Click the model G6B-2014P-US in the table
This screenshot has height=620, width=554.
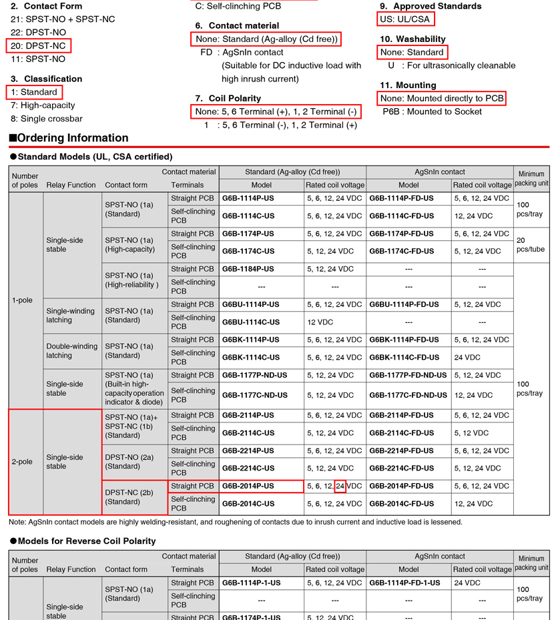click(248, 486)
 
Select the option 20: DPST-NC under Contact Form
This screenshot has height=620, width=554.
click(39, 45)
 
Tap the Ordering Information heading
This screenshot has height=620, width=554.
click(73, 138)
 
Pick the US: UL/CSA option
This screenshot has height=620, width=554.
click(404, 19)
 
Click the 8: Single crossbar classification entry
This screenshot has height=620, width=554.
click(47, 119)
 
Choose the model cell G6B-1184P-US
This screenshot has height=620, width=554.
click(248, 269)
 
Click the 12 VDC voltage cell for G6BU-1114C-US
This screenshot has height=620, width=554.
click(320, 322)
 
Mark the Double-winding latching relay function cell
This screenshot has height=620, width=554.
click(71, 351)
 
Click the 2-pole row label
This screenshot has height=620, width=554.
click(22, 462)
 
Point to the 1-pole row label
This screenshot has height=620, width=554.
click(22, 300)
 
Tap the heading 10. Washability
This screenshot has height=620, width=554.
click(412, 39)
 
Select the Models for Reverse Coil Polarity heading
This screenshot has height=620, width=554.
click(82, 541)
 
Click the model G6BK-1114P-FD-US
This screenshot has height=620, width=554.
click(404, 340)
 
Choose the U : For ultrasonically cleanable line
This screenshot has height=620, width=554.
click(451, 65)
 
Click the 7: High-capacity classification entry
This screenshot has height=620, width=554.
click(43, 105)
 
